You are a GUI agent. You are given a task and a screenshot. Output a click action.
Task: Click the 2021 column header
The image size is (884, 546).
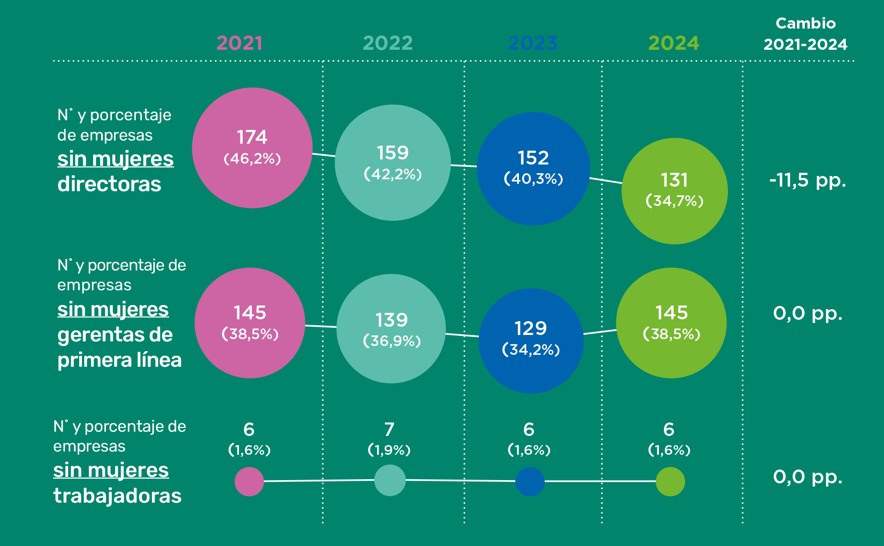pos(239,43)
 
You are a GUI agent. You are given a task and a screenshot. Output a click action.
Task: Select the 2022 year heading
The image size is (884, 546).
pos(388,43)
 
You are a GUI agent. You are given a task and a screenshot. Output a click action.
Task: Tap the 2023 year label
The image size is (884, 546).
pos(533,43)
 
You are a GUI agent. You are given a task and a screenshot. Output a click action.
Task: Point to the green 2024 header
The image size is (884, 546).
pos(674,43)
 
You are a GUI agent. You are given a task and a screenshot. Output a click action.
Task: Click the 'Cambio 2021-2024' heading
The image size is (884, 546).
pos(805,34)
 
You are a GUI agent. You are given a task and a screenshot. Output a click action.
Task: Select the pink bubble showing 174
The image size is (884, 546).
pos(252,148)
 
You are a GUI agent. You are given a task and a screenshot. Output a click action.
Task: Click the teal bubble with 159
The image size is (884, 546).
pos(393,163)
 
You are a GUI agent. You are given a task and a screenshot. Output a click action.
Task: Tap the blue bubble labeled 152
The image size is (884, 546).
pos(533,169)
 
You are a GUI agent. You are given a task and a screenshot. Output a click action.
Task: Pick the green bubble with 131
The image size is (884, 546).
pos(675,191)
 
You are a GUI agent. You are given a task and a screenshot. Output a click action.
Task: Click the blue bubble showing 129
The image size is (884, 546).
pos(531,341)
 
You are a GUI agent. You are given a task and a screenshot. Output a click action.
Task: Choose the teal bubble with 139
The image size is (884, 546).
pos(391,329)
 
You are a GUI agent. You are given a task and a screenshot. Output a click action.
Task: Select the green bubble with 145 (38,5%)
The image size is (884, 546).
pos(671,323)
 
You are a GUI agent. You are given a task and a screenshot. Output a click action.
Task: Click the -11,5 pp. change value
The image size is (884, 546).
pos(808,180)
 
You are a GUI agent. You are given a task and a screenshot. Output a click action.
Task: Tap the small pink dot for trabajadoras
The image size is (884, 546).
pos(249,481)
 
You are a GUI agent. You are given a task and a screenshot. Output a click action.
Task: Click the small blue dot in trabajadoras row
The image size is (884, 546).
pos(530,481)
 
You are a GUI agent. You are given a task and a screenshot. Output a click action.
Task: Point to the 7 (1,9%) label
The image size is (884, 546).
pos(389,439)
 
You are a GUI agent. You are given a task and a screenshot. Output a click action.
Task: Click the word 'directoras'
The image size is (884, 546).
pos(109,184)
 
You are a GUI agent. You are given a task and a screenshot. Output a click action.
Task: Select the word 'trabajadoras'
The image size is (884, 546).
pos(117,496)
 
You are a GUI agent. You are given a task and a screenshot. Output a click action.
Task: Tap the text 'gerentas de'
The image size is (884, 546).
pos(115,335)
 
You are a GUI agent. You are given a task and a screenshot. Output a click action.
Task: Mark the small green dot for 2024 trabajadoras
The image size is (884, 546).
pos(670,481)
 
